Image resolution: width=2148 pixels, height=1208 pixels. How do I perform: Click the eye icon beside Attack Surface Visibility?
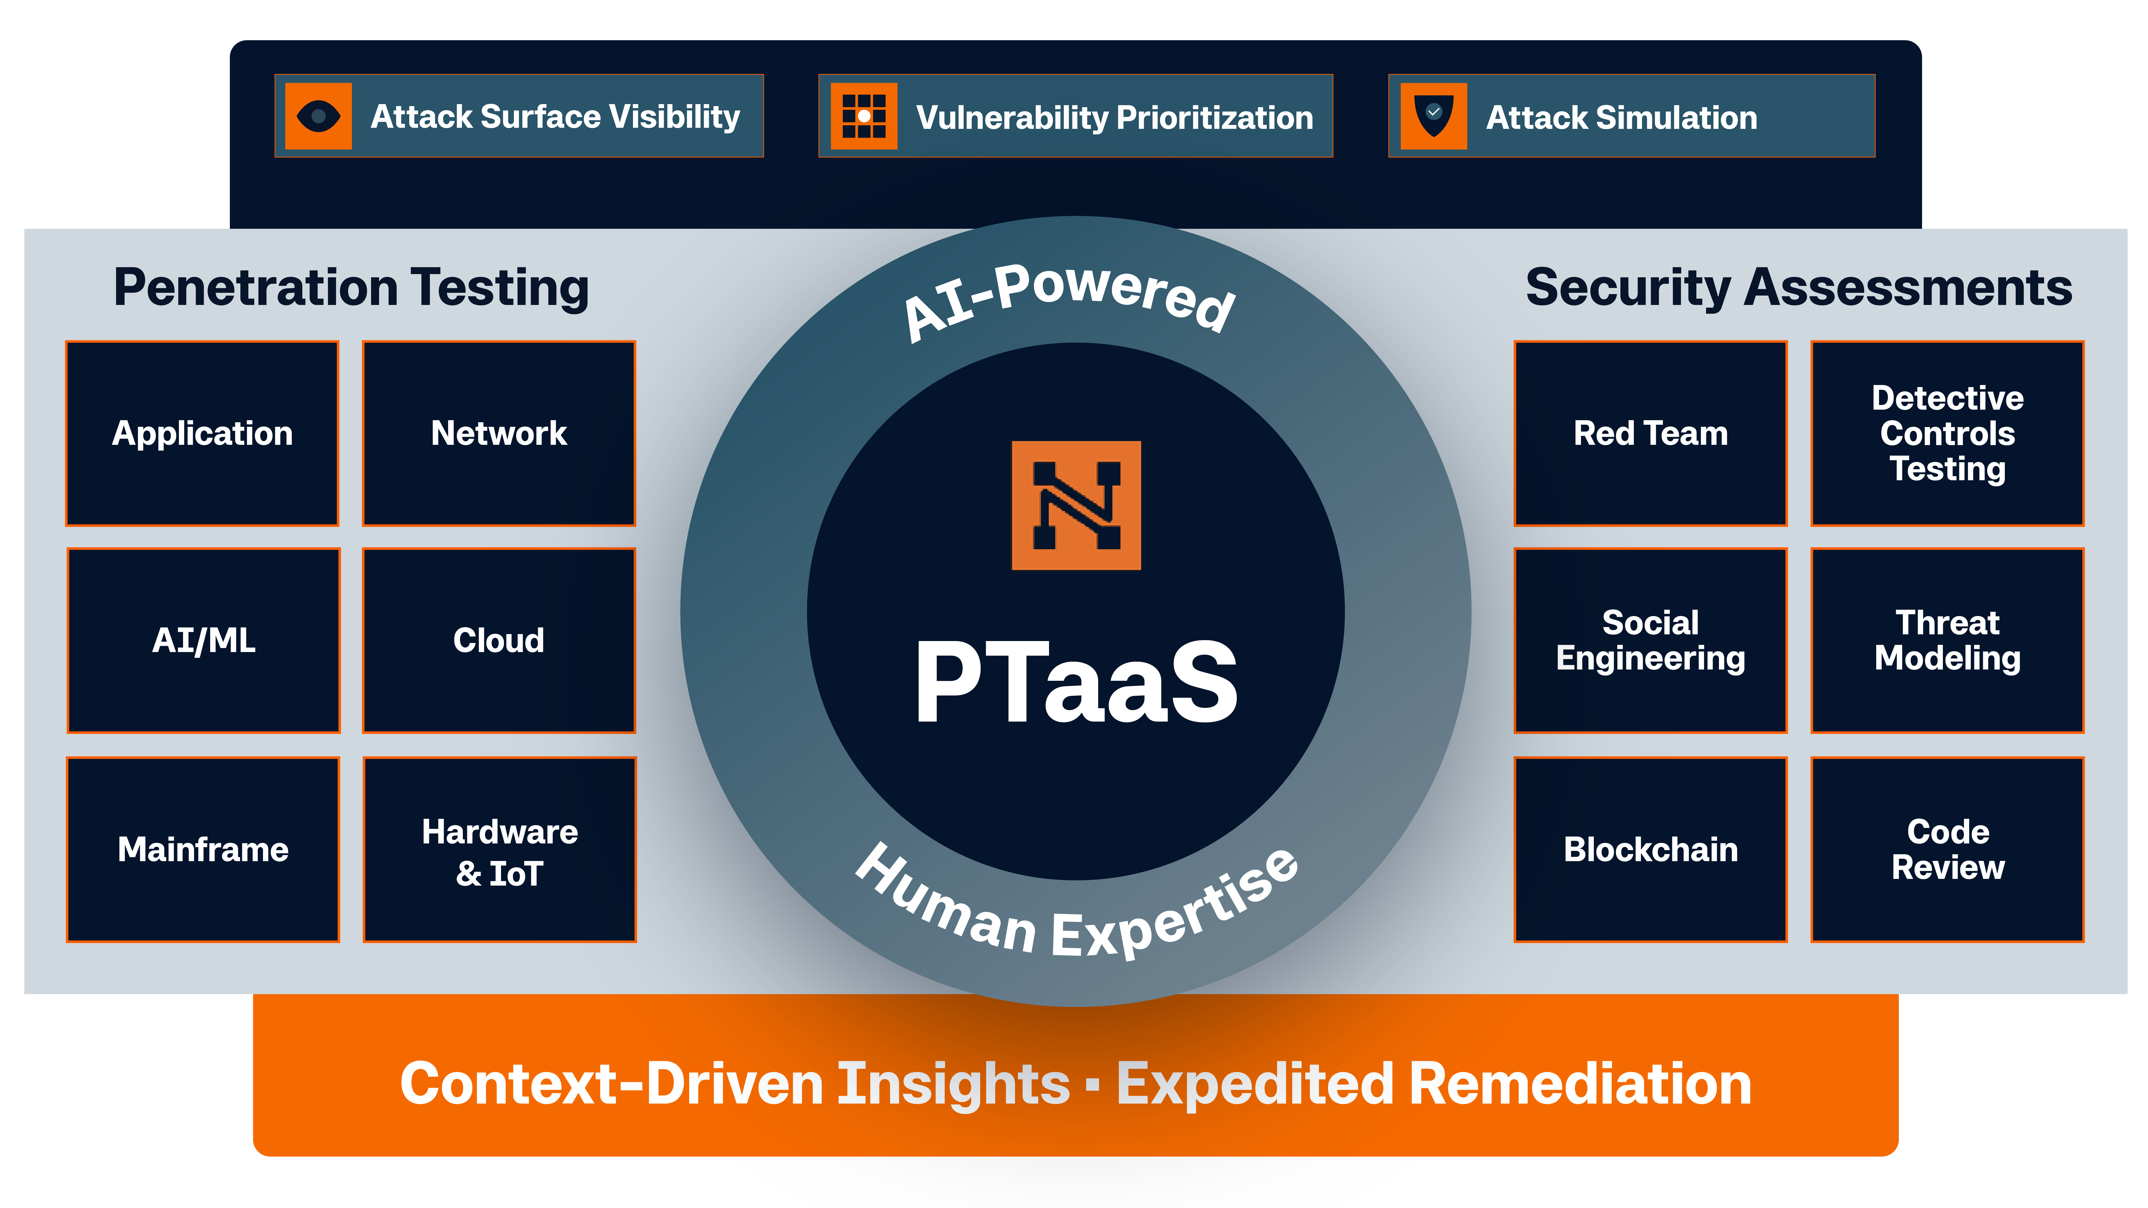tap(318, 116)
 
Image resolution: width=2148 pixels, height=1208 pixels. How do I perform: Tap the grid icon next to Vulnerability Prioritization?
tap(864, 116)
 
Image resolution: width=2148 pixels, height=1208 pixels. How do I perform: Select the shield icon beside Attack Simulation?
tap(1434, 116)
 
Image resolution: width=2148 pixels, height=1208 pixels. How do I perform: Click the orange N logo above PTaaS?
tap(1076, 505)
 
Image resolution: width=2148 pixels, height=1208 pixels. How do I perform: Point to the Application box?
tap(203, 434)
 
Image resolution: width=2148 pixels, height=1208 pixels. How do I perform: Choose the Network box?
tap(499, 434)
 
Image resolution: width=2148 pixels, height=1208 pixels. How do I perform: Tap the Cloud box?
tap(499, 640)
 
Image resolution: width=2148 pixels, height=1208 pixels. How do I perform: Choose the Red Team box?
tap(1650, 434)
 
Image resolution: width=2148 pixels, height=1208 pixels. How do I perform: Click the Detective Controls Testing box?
tap(1947, 434)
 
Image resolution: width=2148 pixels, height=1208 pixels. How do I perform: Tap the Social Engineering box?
tap(1650, 640)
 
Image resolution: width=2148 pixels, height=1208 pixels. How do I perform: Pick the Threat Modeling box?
tap(1947, 640)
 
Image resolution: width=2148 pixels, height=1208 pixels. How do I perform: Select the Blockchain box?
tap(1650, 850)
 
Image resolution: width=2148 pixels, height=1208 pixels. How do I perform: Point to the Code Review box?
tap(1947, 850)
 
